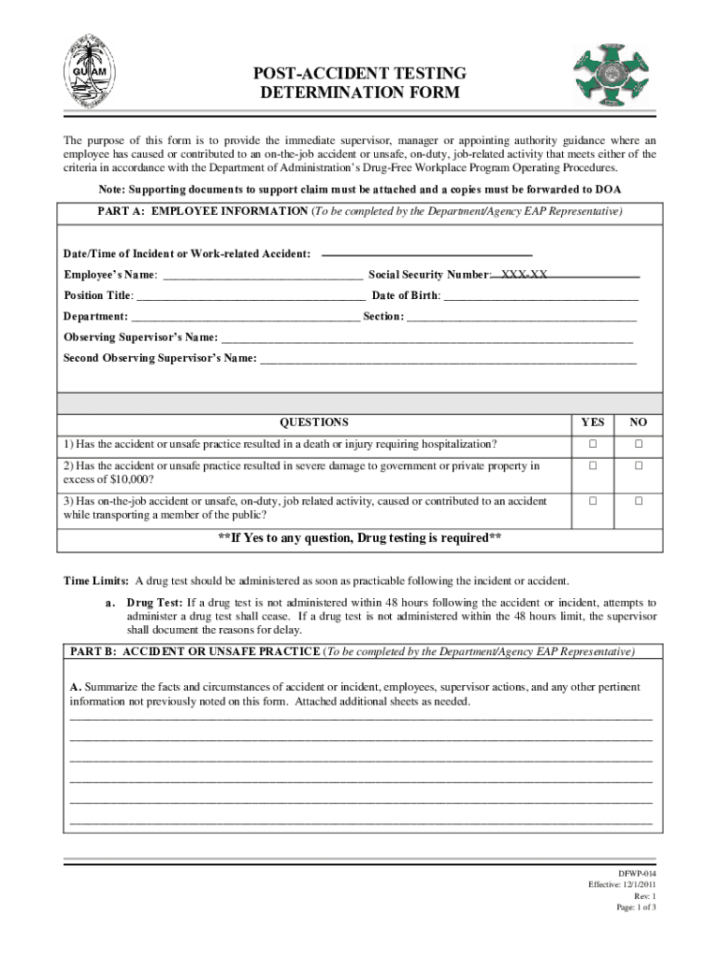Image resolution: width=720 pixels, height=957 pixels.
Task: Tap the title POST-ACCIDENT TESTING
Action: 360,74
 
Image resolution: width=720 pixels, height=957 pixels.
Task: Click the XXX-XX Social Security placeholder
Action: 524,275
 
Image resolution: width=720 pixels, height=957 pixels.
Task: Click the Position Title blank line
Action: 251,296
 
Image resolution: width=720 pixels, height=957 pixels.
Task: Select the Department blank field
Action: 245,317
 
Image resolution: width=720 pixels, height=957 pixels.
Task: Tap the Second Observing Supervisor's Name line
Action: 448,359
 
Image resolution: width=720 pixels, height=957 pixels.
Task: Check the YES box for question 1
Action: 592,443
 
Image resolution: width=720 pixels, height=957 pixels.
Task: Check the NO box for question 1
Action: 639,443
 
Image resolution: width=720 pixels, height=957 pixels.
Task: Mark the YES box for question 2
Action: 592,465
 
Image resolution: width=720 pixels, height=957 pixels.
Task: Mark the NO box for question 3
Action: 639,502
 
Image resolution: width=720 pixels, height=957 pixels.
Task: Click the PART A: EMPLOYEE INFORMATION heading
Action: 202,212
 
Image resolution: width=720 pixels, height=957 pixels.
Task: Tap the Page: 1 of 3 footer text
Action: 636,907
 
